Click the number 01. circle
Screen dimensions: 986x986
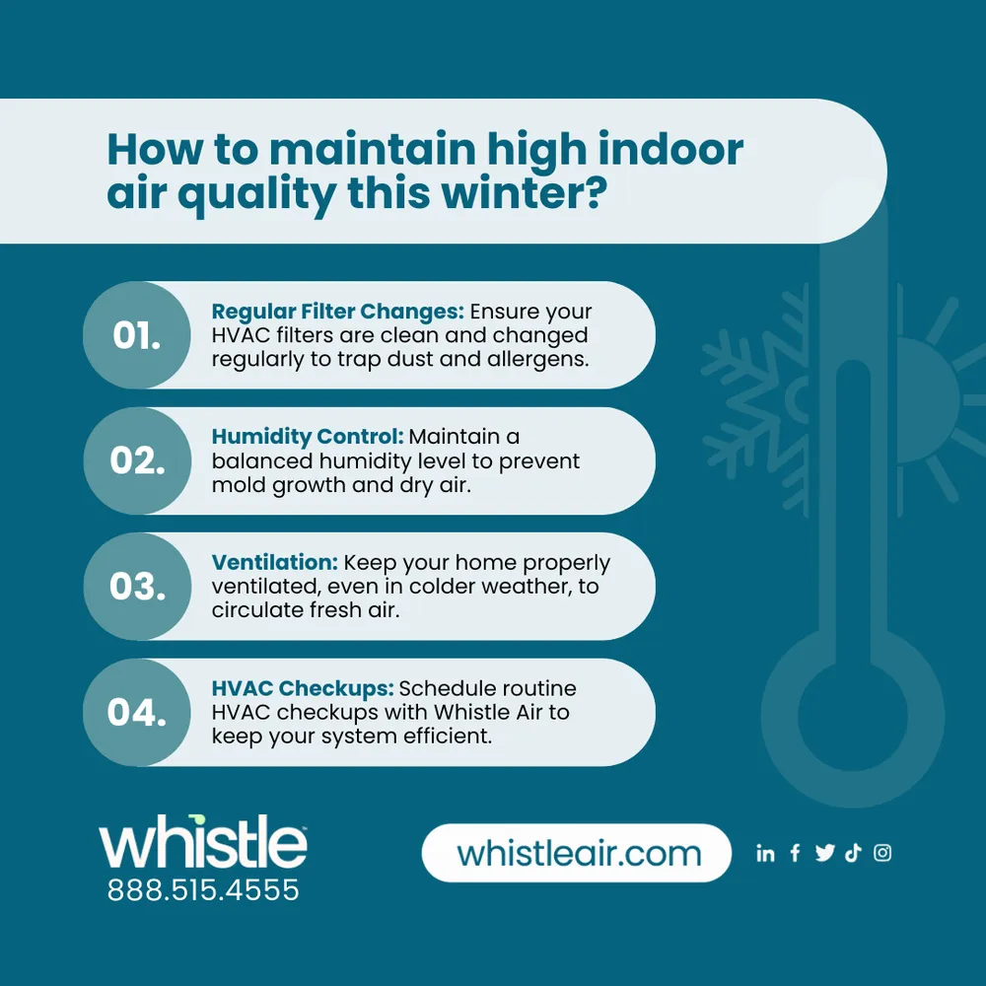click(x=137, y=335)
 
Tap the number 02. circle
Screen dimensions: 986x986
click(x=137, y=460)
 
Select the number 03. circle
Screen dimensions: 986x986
click(x=137, y=587)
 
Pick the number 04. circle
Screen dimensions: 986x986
click(x=137, y=712)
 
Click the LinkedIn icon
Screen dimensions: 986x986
click(x=765, y=854)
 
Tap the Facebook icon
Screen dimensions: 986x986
click(x=795, y=854)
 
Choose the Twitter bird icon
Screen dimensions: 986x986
click(x=824, y=854)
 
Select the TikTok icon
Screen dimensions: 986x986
click(x=853, y=854)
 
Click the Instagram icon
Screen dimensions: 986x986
click(x=882, y=854)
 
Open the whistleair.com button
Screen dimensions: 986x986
click(x=577, y=853)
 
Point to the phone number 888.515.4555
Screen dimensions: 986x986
click(x=203, y=891)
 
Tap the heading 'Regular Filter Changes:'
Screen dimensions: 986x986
click(x=337, y=313)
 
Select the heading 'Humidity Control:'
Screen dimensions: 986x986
click(x=307, y=437)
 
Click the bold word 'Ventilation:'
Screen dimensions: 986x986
click(x=275, y=563)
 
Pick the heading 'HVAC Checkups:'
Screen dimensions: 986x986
click(x=302, y=688)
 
